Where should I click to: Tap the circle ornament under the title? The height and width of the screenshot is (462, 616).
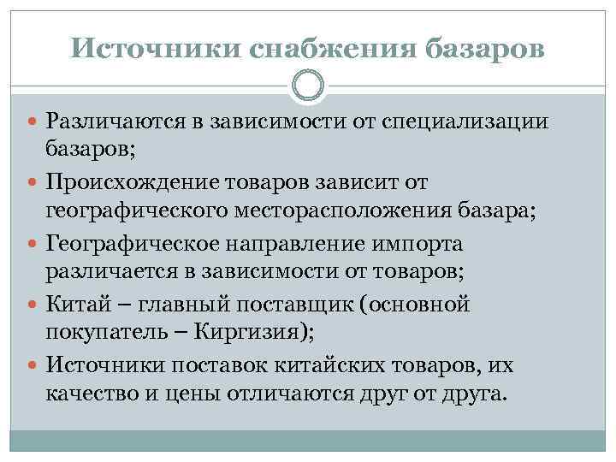[308, 86]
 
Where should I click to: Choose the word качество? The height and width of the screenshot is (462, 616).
[92, 394]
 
